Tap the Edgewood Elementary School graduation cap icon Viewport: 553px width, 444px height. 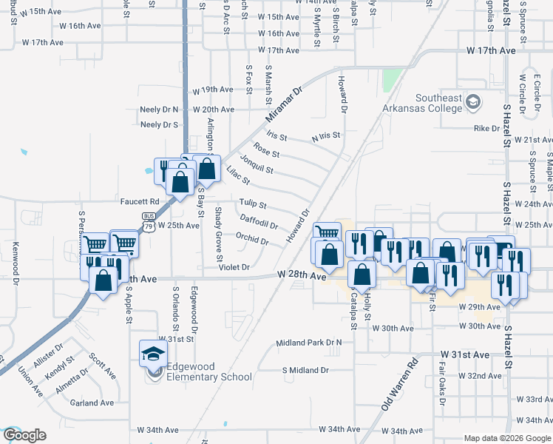tap(153, 353)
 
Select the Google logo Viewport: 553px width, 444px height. tap(24, 435)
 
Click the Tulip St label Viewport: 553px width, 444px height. tap(252, 204)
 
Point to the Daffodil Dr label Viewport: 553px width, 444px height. tap(259, 221)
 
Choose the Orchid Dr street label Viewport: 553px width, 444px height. tap(251, 238)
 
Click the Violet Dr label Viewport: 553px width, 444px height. tap(235, 267)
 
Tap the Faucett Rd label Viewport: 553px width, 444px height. tap(140, 201)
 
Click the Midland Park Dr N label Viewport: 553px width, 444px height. tap(309, 343)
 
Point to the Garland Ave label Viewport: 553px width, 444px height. tap(92, 403)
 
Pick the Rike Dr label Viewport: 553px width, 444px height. tap(486, 128)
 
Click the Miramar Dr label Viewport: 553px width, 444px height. tap(284, 106)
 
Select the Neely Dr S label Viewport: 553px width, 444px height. tap(160, 124)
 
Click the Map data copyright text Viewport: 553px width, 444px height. tap(507, 437)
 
